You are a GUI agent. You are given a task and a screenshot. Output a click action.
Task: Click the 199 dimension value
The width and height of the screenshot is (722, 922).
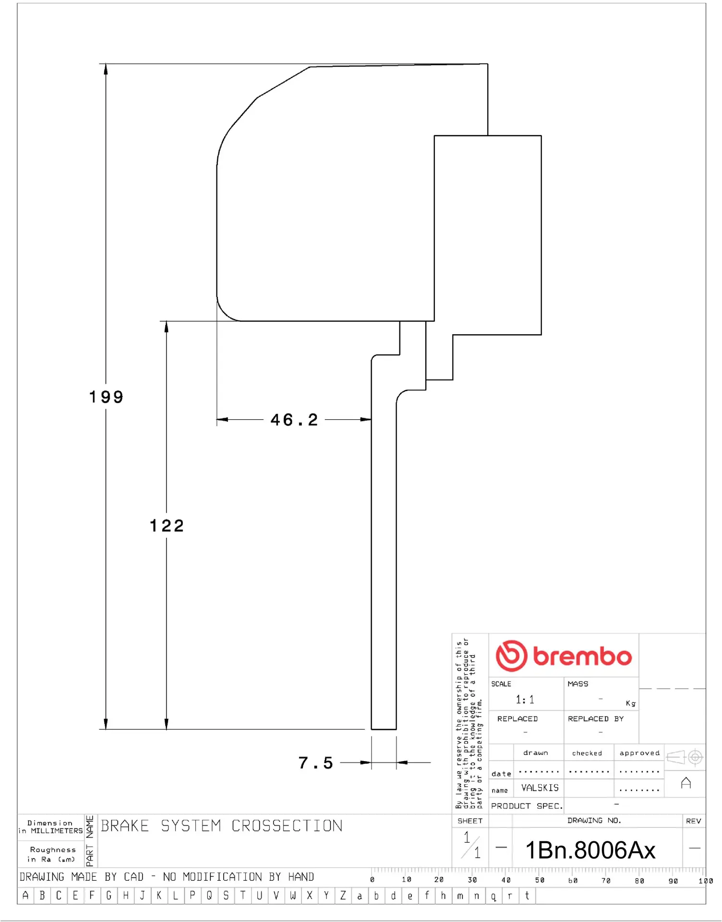coord(106,397)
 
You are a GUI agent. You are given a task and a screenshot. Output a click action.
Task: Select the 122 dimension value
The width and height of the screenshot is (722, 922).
coord(167,526)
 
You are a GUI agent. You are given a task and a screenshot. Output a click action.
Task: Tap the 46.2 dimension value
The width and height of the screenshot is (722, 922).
coord(294,420)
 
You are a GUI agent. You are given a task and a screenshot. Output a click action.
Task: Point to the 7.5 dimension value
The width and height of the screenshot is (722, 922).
coord(315,763)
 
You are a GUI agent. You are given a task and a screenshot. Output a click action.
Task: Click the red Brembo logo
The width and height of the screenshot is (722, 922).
coord(564,655)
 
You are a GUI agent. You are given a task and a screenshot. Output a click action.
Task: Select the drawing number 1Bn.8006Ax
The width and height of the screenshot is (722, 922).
coord(590,850)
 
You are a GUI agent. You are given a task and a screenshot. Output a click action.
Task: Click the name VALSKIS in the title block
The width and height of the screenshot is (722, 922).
coord(540,788)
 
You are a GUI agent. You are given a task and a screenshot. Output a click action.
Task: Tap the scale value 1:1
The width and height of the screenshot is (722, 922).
coord(525,700)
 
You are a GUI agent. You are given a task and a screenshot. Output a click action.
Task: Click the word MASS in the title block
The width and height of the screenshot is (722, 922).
coord(578,684)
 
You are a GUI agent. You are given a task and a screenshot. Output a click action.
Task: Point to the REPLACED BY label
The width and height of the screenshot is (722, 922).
coord(596,719)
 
